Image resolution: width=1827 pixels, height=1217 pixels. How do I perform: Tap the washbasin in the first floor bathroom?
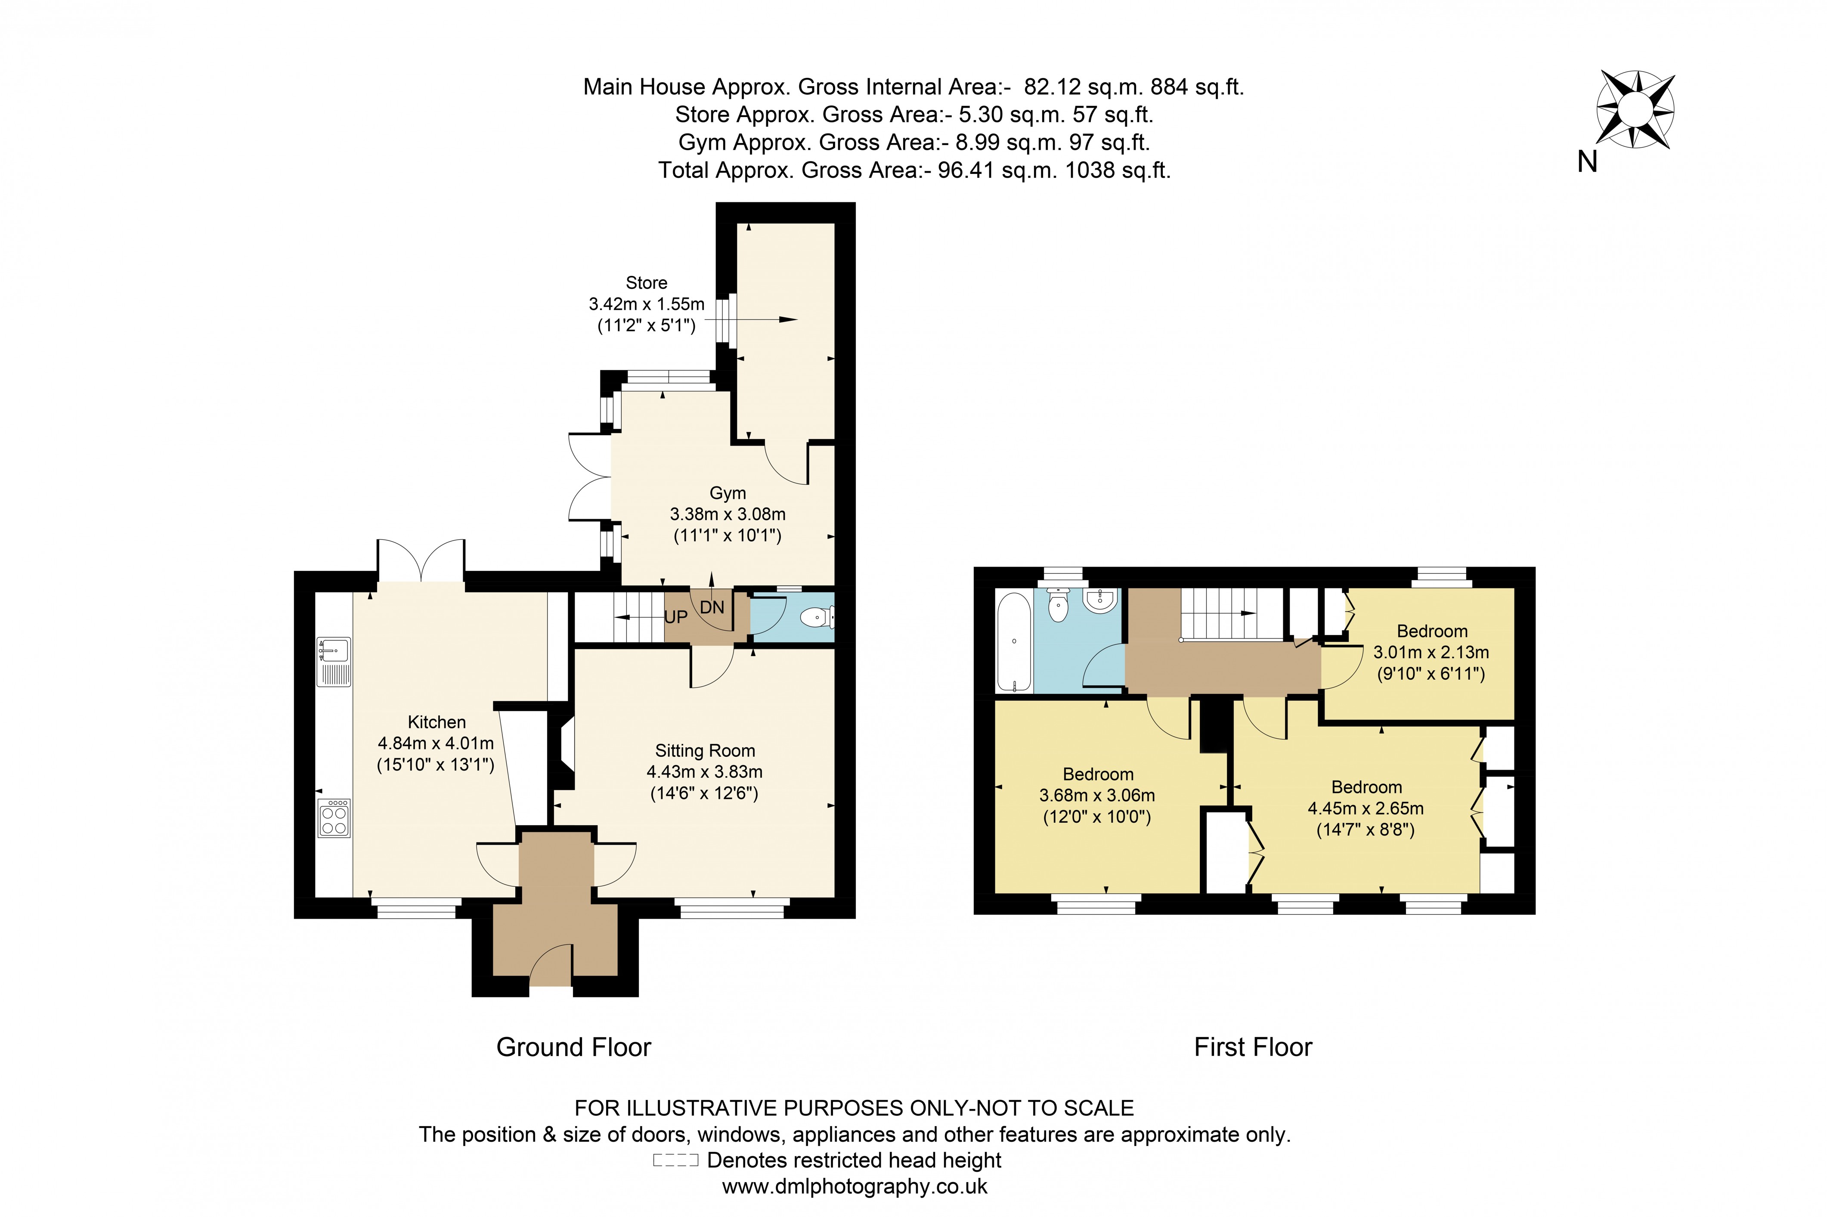[1100, 601]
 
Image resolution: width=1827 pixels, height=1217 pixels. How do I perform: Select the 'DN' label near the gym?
[712, 607]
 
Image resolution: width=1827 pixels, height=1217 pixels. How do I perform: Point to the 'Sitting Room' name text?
[705, 750]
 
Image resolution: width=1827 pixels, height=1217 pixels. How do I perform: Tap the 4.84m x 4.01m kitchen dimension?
[435, 743]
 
